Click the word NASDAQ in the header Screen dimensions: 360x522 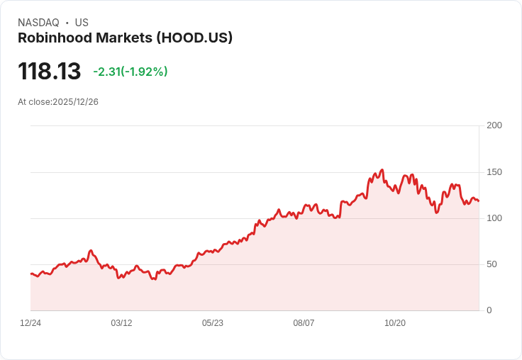pos(38,23)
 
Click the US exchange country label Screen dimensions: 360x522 pos(82,23)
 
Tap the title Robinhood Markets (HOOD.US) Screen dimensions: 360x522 pos(125,38)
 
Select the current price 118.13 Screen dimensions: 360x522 pos(49,72)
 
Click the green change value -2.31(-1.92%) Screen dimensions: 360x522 pos(130,72)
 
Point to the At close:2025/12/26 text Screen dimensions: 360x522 pos(58,102)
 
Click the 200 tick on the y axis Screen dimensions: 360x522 pos(494,125)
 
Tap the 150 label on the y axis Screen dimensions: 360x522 pos(494,172)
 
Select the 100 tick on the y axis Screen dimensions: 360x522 pos(494,218)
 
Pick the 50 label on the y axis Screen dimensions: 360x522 pos(492,264)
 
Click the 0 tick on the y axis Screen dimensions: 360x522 pos(489,310)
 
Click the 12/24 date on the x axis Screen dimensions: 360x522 pos(30,323)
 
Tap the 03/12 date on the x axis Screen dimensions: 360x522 pos(121,323)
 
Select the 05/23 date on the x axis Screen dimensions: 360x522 pos(213,323)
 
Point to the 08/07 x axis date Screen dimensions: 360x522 pos(304,323)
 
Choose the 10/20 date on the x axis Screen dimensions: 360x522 pos(395,323)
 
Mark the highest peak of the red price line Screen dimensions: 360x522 pos(382,170)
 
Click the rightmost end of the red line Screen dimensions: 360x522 pos(479,201)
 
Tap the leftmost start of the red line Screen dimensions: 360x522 pos(30,274)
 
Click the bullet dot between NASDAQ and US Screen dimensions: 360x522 pos(67,23)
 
